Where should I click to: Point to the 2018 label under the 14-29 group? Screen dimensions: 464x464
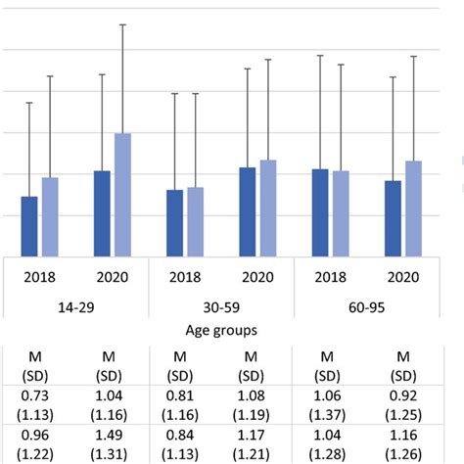click(39, 277)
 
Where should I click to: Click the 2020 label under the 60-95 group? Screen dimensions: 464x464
click(402, 277)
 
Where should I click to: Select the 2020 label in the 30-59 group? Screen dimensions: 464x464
click(257, 277)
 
